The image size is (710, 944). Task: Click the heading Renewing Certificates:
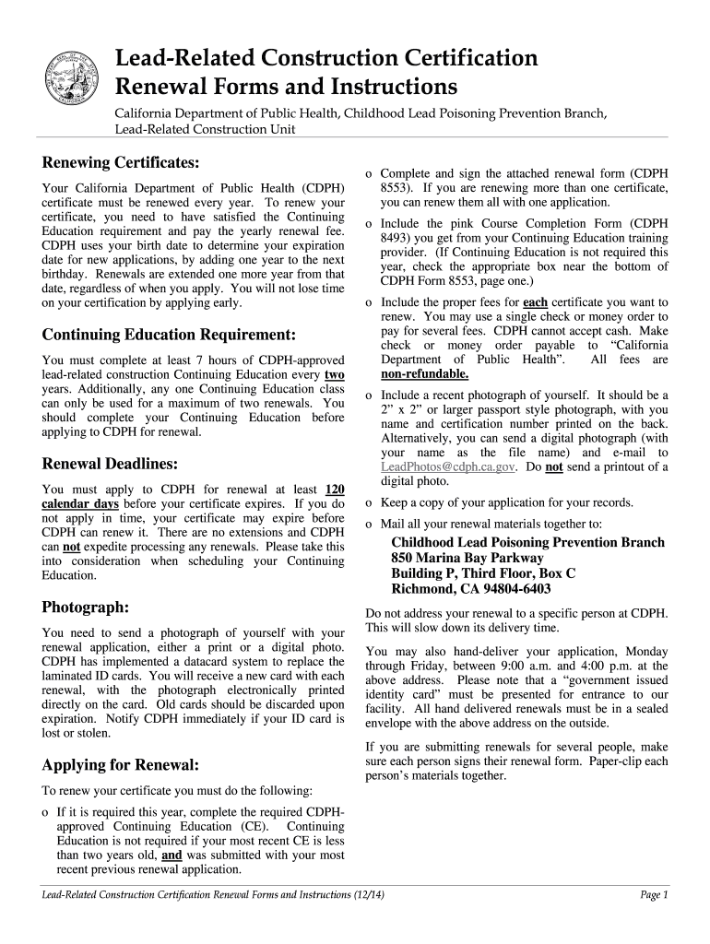(121, 163)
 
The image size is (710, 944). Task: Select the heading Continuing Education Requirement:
(169, 334)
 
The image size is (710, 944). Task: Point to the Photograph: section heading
(86, 607)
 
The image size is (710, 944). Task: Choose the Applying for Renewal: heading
(121, 764)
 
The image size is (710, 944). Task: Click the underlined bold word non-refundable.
(424, 373)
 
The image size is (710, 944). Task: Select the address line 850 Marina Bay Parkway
(467, 558)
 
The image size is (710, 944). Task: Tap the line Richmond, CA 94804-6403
(471, 589)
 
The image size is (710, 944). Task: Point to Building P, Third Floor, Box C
(483, 573)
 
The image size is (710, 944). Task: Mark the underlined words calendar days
(80, 504)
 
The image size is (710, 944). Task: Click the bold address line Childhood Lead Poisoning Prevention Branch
(527, 542)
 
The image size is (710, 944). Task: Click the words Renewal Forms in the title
(183, 88)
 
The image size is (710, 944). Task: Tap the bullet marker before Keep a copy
(369, 503)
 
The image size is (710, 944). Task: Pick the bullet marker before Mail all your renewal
(369, 524)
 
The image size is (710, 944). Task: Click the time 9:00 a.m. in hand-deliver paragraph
(527, 665)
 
